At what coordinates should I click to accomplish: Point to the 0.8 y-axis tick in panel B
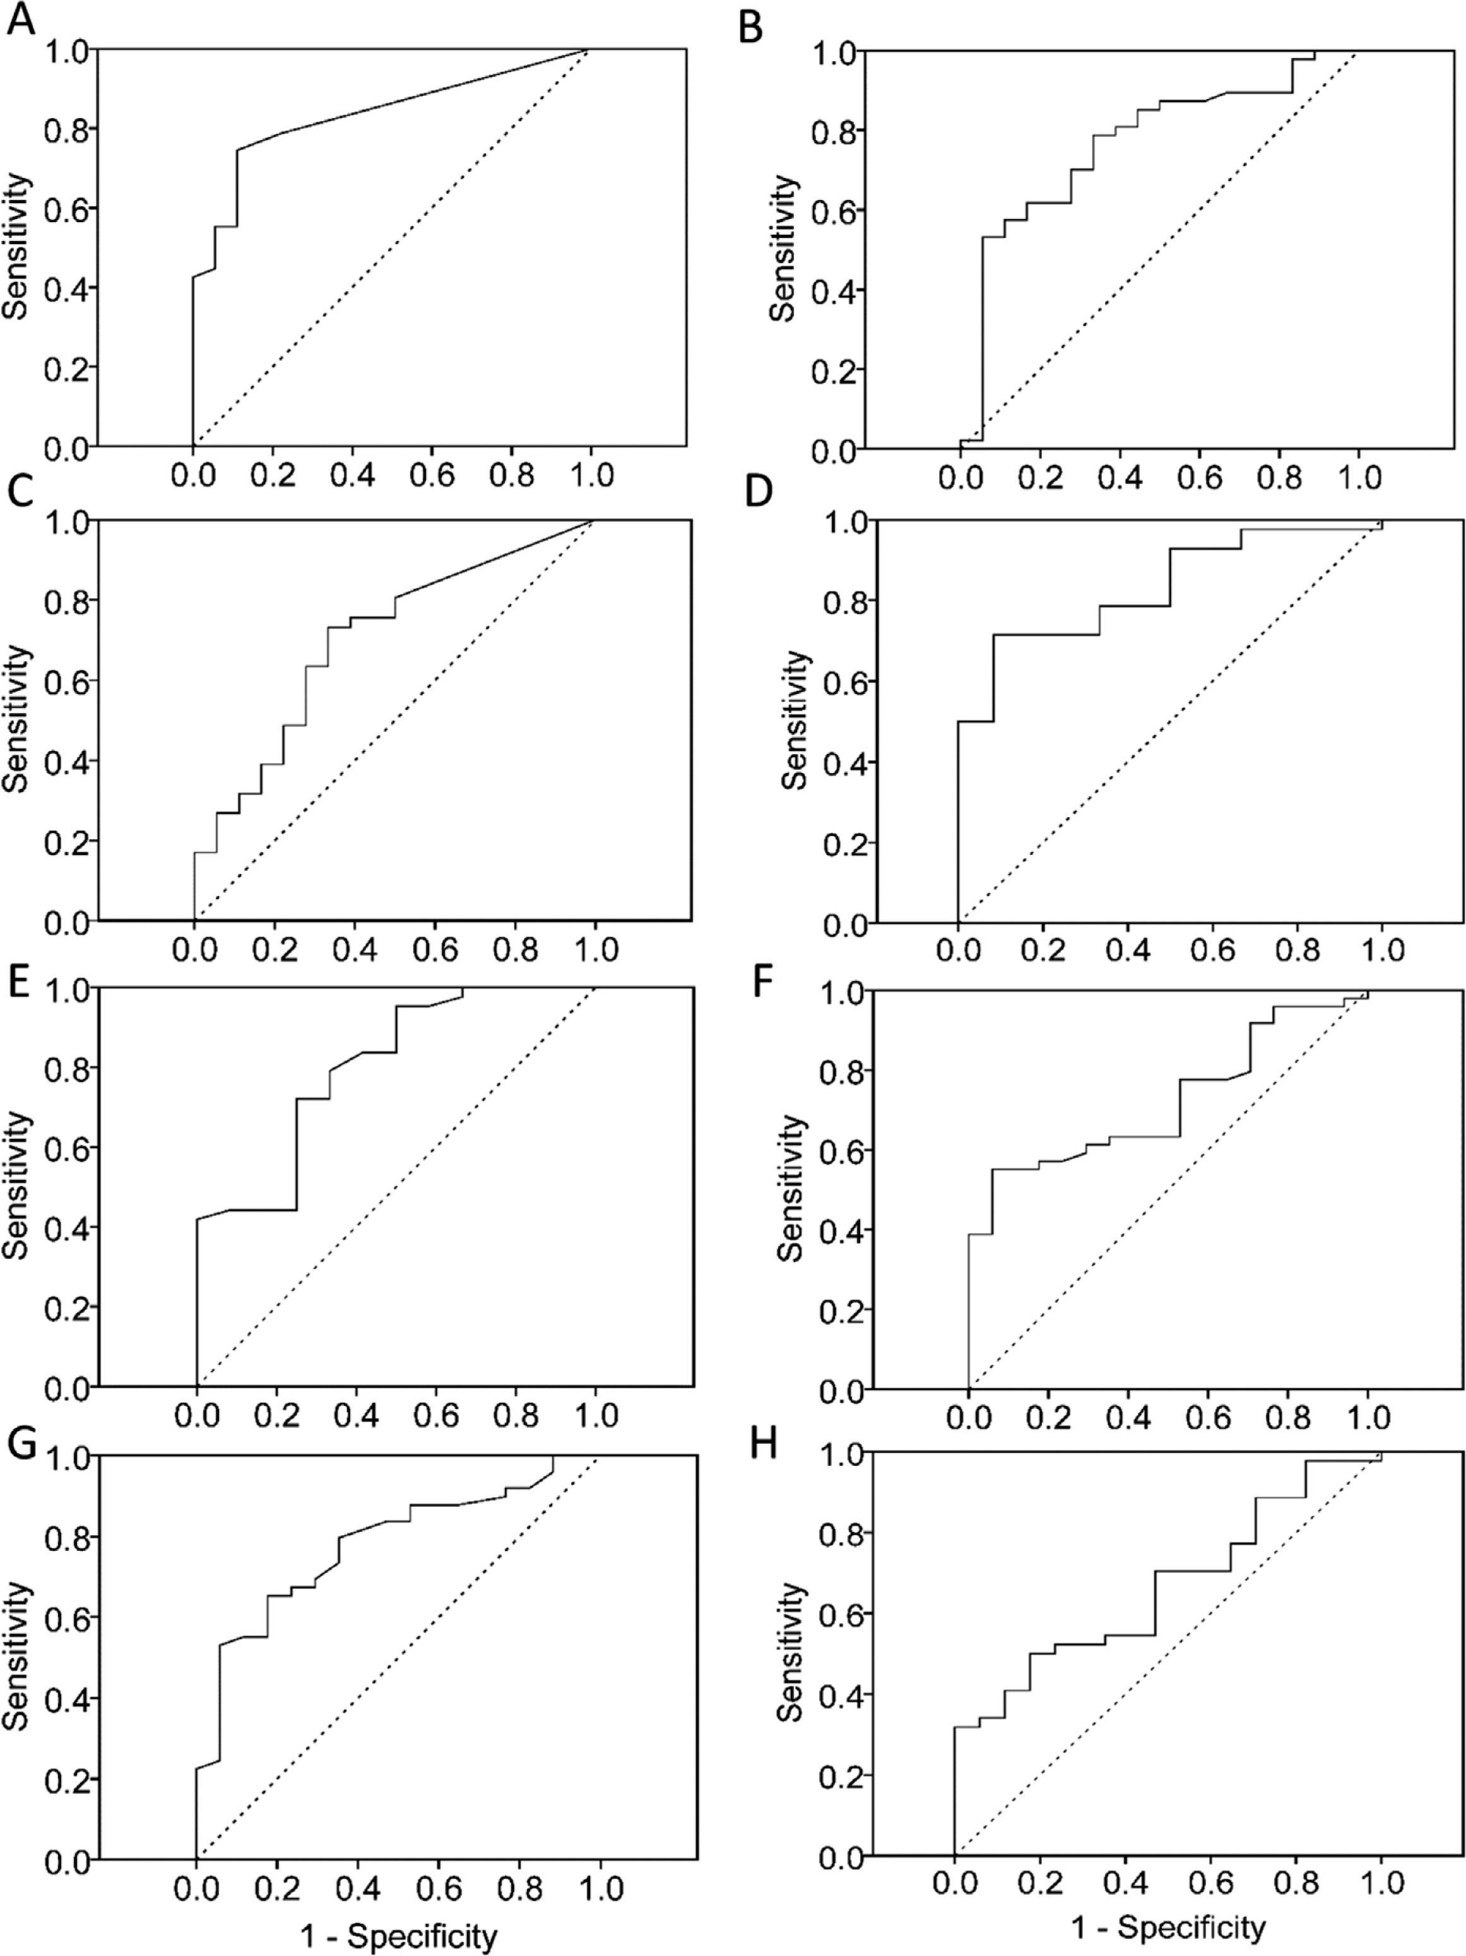click(835, 132)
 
